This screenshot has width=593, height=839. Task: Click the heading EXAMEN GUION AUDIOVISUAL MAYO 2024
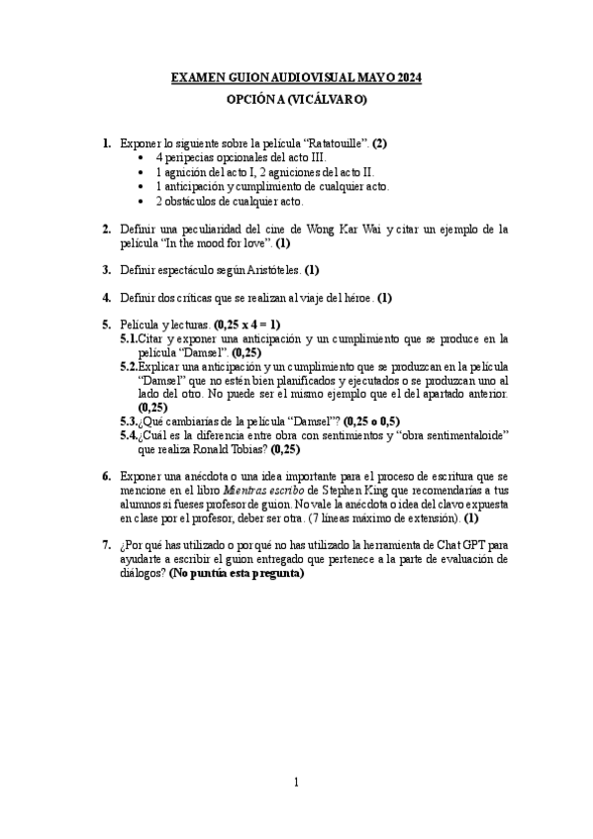click(x=296, y=77)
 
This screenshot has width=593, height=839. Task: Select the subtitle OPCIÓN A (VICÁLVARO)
click(x=296, y=99)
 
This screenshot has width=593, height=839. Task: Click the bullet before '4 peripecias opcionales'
click(x=145, y=158)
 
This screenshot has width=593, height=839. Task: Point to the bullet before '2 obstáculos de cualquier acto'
click(x=145, y=201)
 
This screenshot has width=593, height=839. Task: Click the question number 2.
click(x=106, y=229)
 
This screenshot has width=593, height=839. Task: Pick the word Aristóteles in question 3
click(x=268, y=269)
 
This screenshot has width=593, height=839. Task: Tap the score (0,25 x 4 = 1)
click(x=247, y=324)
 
